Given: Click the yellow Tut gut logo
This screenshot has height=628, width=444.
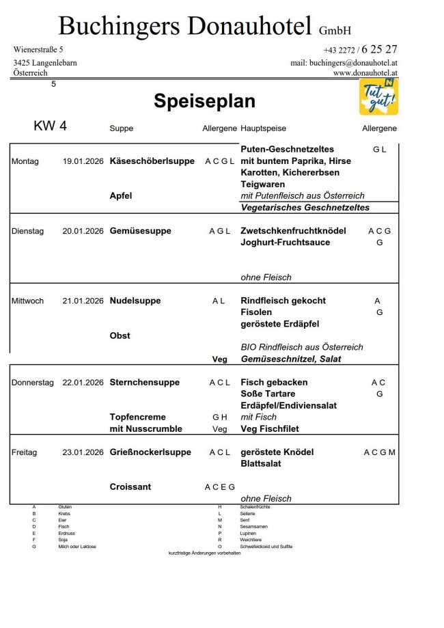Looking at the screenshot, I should point(378,96).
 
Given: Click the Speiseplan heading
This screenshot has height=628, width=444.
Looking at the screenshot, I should point(204,101).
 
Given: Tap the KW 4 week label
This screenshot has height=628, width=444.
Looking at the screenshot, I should point(50,126).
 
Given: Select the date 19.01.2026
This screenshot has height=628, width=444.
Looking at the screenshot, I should point(83,161).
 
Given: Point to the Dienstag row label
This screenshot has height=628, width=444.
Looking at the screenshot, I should point(27,231).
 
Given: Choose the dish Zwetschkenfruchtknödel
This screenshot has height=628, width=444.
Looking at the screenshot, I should point(293,231).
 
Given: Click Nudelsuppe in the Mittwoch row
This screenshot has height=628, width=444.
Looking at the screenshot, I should point(135,301).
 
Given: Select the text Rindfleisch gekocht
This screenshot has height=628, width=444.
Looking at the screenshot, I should point(283,301).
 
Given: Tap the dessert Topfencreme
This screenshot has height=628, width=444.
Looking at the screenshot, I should point(137,417).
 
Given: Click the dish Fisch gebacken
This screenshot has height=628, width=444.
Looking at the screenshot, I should point(274,382).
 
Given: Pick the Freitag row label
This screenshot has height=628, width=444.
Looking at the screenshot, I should point(25,452).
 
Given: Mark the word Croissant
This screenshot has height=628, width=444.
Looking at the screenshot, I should point(130,487).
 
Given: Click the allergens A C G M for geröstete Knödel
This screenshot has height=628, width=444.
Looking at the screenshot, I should point(379,452).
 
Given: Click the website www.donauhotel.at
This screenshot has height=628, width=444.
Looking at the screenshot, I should point(365,72).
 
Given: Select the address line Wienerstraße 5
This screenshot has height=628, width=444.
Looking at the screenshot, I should point(38,50).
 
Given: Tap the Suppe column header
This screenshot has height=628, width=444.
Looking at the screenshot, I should point(121,128).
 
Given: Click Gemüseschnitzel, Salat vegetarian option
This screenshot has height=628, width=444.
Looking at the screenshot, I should point(291,359).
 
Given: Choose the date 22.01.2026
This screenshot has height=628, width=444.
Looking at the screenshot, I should point(83,383).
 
